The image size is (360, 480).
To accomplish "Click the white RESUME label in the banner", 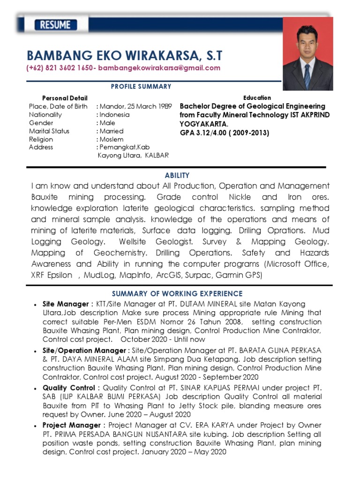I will point(55,25).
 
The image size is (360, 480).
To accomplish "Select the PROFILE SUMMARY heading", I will point(141,87).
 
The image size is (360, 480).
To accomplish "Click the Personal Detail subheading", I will point(65,98).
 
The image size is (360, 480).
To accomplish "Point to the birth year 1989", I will point(165,106).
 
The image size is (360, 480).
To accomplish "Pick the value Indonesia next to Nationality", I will point(114,115).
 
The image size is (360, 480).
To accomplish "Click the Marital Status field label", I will point(49,131).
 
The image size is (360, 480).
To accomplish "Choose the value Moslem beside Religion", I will point(112,139).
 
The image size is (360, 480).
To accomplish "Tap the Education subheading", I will point(257,98).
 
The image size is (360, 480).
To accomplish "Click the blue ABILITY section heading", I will point(177,175).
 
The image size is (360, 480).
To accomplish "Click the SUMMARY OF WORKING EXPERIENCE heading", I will point(177,294).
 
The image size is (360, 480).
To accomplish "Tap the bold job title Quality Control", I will point(69,388).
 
